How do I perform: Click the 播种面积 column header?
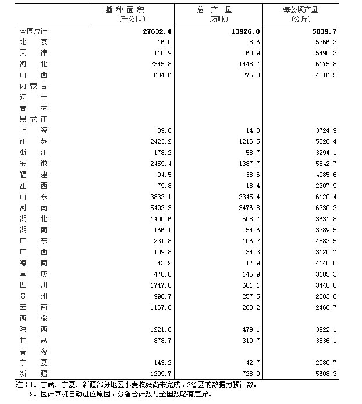click(126, 10)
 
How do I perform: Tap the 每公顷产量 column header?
click(301, 10)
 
